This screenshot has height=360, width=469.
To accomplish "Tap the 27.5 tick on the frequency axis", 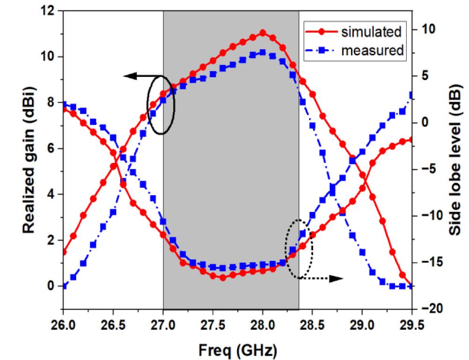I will coord(213,323).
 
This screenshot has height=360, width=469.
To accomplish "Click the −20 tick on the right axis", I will coord(432,309).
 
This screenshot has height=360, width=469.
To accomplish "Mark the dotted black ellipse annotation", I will coord(299,249).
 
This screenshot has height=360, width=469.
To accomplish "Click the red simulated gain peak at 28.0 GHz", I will coord(263,33).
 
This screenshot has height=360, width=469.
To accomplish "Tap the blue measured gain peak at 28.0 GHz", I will coord(263,52).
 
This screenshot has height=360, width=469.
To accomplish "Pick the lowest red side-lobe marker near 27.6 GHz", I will coord(223,278).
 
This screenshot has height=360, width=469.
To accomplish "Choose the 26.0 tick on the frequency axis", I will coord(63,323).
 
